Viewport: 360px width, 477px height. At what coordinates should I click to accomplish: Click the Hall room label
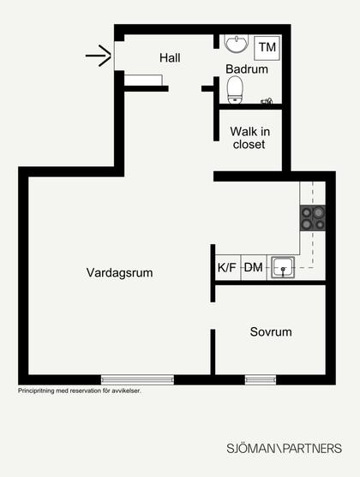170,57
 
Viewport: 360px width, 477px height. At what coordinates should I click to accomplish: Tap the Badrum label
247,69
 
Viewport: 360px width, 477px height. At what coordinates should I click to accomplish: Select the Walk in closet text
249,138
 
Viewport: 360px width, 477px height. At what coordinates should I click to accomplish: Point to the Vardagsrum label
119,272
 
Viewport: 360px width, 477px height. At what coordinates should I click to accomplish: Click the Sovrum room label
271,331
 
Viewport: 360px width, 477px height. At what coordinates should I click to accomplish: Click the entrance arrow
99,56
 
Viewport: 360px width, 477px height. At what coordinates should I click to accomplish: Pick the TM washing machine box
267,48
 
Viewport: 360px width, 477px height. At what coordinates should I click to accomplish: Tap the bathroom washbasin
237,44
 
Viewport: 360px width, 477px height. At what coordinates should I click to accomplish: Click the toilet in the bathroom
235,90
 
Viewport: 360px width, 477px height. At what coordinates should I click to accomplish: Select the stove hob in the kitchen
313,218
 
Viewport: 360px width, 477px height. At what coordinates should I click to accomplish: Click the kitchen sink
283,267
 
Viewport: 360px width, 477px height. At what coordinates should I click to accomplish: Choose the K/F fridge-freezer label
227,268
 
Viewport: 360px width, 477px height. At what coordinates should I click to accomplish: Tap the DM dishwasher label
254,268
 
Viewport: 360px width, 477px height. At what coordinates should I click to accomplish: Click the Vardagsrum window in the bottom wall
137,379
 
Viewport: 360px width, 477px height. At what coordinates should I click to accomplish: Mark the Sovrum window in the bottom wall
261,379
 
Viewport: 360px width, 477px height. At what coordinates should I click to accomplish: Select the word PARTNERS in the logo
313,449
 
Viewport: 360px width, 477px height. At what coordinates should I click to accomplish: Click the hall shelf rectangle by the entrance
143,80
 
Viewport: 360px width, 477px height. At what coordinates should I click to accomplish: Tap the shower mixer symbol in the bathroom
267,101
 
